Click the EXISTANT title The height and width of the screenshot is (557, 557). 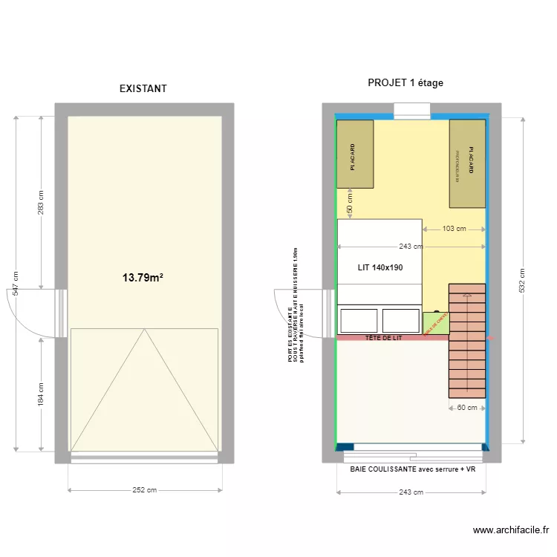tap(143, 88)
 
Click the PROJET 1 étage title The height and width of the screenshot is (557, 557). tap(405, 82)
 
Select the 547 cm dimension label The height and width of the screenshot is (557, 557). tap(17, 283)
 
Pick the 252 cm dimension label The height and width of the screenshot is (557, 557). tap(146, 490)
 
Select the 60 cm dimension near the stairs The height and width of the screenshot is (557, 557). tap(466, 407)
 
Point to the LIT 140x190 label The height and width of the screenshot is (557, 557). tap(380, 267)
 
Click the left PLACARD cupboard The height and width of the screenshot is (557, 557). tap(355, 154)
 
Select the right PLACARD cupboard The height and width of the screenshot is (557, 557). tap(467, 163)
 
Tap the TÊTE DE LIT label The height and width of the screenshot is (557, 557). tap(383, 338)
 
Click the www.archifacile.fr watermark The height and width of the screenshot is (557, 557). tap(511, 530)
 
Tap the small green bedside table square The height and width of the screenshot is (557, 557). tap(436, 324)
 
